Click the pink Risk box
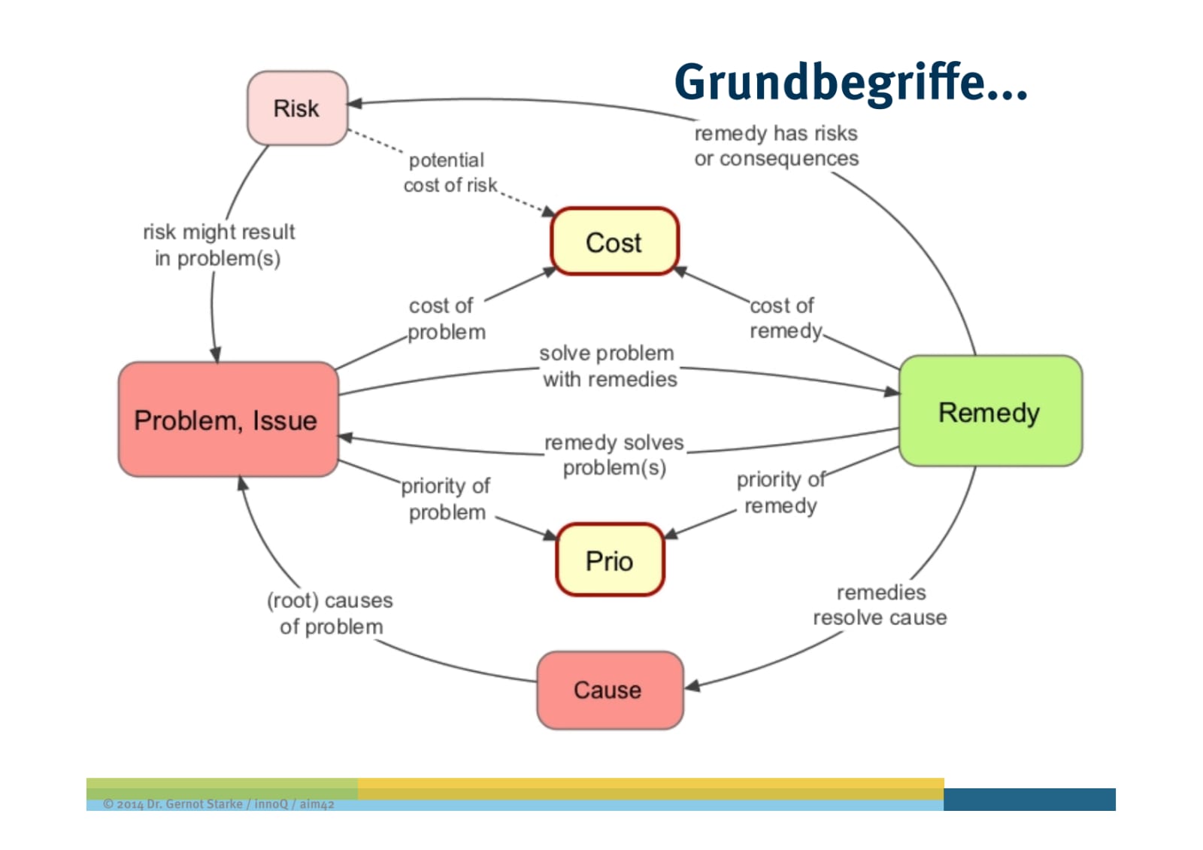pyautogui.click(x=298, y=108)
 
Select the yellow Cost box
pyautogui.click(x=615, y=241)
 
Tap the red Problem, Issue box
pyautogui.click(x=229, y=420)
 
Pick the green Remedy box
pyautogui.click(x=990, y=411)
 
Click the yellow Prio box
pyautogui.click(x=610, y=560)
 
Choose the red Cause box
pyautogui.click(x=610, y=691)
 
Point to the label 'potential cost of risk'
pyautogui.click(x=450, y=172)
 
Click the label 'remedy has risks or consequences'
pyautogui.click(x=777, y=146)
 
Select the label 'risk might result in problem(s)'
pyautogui.click(x=219, y=245)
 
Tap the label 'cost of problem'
pyautogui.click(x=447, y=319)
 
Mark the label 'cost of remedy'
pyautogui.click(x=785, y=318)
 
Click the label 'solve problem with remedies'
pyautogui.click(x=609, y=366)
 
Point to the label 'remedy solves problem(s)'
pyautogui.click(x=614, y=455)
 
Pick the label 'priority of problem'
pyautogui.click(x=446, y=499)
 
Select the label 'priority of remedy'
pyautogui.click(x=781, y=492)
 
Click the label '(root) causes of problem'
pyautogui.click(x=330, y=613)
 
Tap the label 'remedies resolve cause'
pyautogui.click(x=880, y=605)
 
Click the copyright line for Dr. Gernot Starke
pyautogui.click(x=219, y=804)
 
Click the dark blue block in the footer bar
pyautogui.click(x=1029, y=800)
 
